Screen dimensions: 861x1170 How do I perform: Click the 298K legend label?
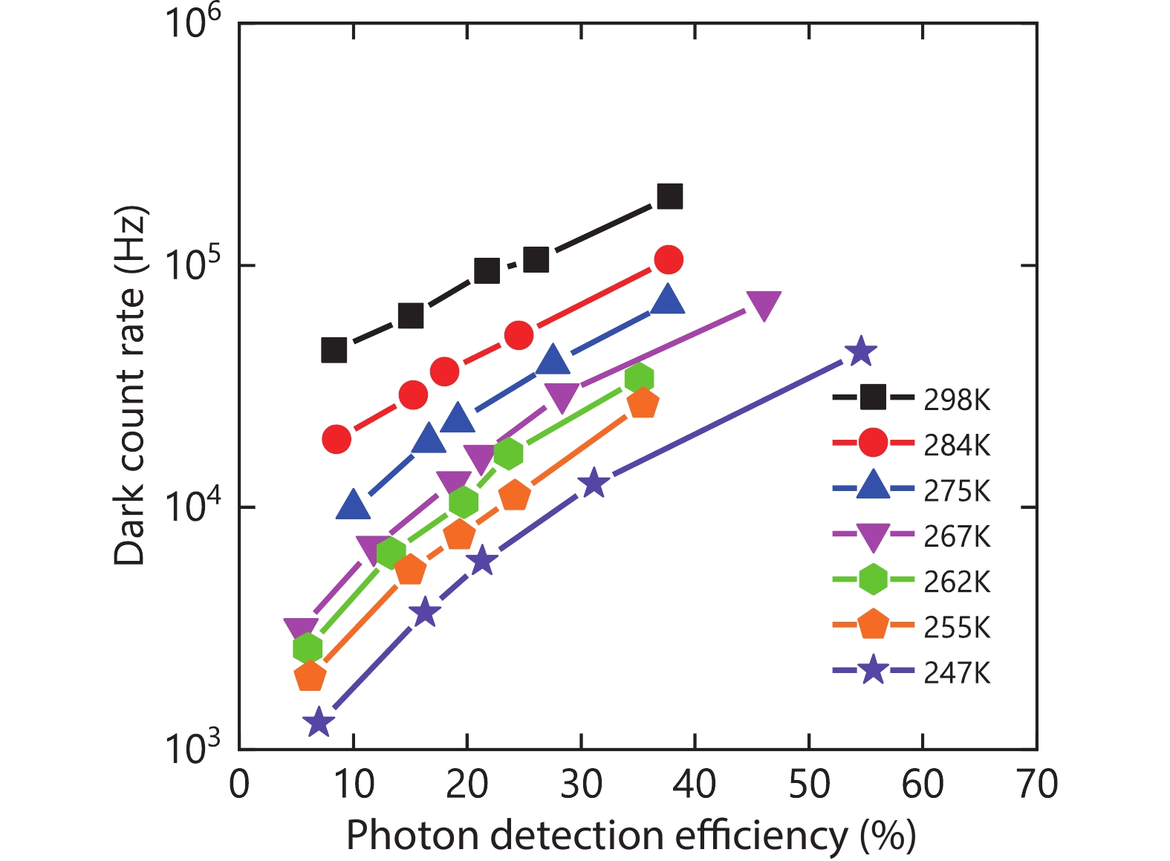coord(957,400)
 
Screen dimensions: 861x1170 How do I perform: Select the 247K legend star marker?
coord(873,672)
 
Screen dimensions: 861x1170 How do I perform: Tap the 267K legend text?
coord(957,536)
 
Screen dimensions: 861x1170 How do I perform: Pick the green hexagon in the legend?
coord(873,580)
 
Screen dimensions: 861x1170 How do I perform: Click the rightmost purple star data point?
coord(860,351)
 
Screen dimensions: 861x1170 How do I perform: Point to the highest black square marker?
coord(669,196)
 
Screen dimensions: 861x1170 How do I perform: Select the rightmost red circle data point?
coord(669,259)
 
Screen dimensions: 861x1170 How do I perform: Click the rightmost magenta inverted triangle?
coord(763,305)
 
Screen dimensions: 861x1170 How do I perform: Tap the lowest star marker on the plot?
coord(319,722)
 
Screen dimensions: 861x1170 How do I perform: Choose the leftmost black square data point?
coord(334,350)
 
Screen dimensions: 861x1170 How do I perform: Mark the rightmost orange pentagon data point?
coord(643,403)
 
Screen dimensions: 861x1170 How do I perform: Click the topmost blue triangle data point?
coord(667,299)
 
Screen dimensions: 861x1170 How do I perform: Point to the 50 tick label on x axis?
coord(808,784)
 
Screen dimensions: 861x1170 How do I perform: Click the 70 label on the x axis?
coord(1036,784)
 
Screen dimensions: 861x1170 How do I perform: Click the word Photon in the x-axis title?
coord(411,836)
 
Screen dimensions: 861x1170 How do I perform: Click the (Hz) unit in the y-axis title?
coord(131,237)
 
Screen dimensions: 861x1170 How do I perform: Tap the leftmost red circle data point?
coord(337,440)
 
